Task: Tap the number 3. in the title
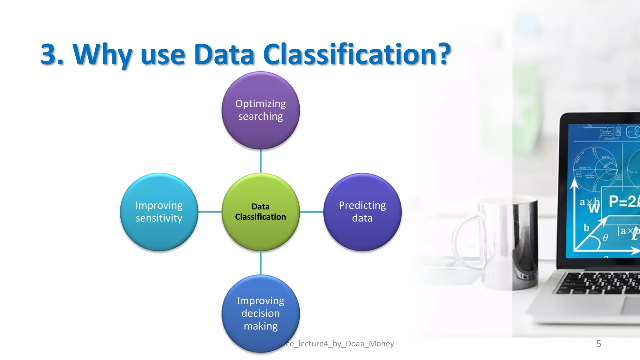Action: [52, 55]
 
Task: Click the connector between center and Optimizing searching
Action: [261, 161]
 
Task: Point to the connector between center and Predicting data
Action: [312, 212]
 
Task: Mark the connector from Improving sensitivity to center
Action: [210, 212]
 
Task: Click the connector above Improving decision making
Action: [261, 262]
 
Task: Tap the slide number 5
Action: [598, 344]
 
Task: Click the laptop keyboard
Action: [600, 283]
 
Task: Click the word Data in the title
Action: [224, 55]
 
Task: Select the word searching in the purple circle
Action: [261, 117]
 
